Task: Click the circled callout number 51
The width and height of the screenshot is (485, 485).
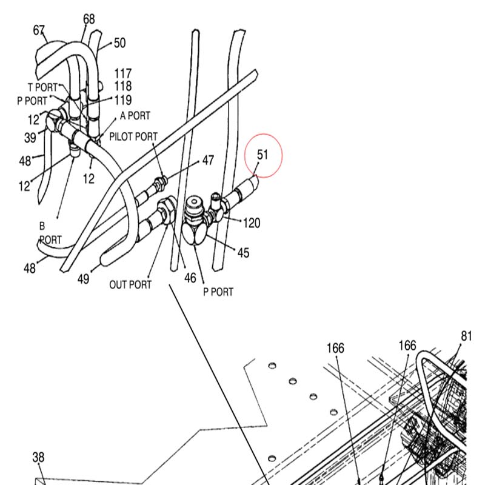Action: point(263,155)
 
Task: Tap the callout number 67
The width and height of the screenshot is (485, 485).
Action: point(39,30)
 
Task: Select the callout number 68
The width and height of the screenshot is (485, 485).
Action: point(89,19)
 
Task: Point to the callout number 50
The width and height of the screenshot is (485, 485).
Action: point(119,43)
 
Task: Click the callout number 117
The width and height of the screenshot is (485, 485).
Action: point(123,73)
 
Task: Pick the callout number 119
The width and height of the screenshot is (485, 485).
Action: point(123,100)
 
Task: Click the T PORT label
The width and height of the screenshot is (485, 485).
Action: point(42,87)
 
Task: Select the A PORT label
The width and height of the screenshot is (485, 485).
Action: point(135,116)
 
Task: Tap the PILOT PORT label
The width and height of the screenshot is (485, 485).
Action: point(133,136)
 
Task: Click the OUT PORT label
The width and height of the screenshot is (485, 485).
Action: point(130,284)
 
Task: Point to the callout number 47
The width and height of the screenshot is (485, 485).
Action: point(208,160)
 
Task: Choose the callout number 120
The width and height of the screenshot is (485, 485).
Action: point(252,222)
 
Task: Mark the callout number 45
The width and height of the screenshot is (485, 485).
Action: point(243,253)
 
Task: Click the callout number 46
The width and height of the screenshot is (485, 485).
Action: point(190,278)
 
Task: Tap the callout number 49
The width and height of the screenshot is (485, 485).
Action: point(83,279)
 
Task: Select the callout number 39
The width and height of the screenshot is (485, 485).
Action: point(30,138)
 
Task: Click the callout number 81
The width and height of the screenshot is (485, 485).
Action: point(466,336)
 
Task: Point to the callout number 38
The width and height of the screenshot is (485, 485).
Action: point(38,457)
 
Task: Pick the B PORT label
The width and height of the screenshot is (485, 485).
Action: point(50,233)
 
